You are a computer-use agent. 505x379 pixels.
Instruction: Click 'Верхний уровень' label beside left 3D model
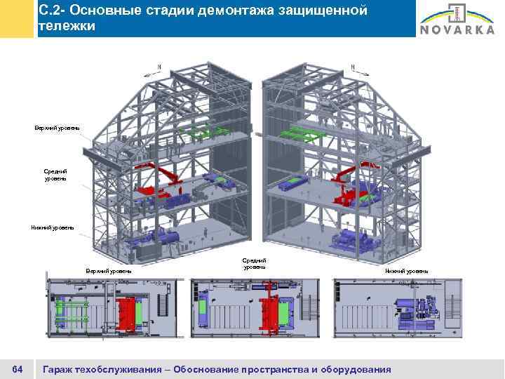tap(58, 127)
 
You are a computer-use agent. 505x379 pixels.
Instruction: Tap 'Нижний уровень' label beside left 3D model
tap(53, 227)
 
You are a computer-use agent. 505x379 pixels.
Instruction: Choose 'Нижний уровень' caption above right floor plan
tap(407, 270)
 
